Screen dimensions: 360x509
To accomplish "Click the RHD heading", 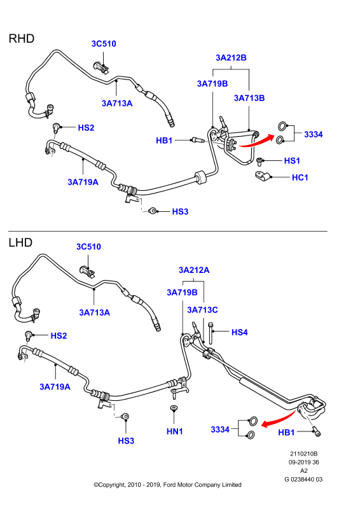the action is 22,39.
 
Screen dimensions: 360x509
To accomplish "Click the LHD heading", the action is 20,242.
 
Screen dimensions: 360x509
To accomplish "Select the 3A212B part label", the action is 231,58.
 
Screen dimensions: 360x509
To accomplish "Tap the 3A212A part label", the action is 194,270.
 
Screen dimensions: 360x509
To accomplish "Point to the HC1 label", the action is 300,178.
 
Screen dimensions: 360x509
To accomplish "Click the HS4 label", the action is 240,332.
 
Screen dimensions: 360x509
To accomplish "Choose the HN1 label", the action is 175,431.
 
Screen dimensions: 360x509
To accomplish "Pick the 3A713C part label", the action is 202,310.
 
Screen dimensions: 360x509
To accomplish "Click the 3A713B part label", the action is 249,98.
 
